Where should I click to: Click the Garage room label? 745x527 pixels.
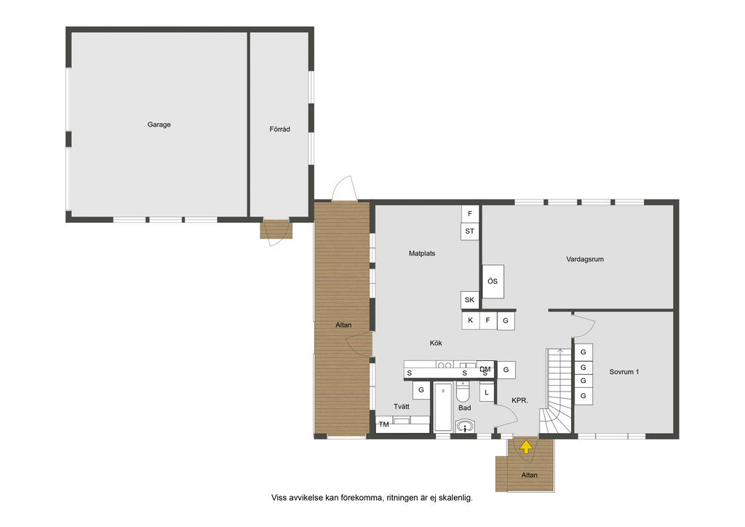159,124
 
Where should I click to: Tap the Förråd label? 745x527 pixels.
279,129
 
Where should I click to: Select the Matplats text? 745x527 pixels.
422,253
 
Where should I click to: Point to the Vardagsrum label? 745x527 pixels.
585,259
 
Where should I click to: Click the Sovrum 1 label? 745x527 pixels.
624,372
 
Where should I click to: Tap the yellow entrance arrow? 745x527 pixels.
526,447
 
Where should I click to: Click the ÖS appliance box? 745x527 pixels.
493,281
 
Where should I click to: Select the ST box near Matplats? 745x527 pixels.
469,231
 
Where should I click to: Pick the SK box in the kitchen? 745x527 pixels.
469,300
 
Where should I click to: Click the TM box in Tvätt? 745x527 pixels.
384,424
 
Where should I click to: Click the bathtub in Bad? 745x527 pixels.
443,407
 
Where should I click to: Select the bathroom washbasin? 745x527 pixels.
465,427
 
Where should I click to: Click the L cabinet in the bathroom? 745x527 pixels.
487,392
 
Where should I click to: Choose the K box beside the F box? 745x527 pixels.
471,320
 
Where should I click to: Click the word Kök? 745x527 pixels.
436,343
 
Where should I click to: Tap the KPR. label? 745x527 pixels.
519,400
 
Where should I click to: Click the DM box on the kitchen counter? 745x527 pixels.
485,369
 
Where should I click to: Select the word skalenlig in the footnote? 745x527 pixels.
455,498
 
